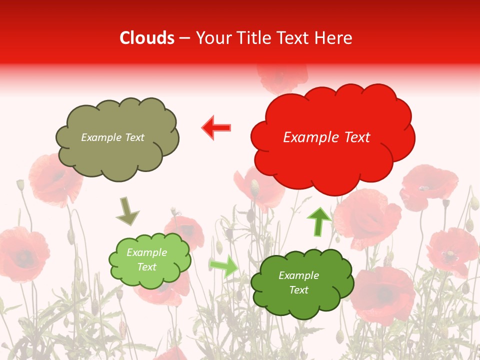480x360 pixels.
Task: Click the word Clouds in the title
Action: pyautogui.click(x=147, y=38)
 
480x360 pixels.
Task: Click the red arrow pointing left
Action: pyautogui.click(x=216, y=128)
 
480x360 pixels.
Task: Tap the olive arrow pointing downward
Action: pyautogui.click(x=127, y=210)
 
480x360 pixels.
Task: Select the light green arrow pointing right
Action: pyautogui.click(x=224, y=266)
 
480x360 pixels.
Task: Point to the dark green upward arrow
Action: pyautogui.click(x=318, y=221)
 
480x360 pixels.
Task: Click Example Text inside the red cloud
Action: pyautogui.click(x=326, y=137)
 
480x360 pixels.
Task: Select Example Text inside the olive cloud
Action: pyautogui.click(x=112, y=137)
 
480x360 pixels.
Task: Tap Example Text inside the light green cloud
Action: pyautogui.click(x=146, y=260)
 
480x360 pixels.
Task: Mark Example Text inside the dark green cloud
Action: pyautogui.click(x=298, y=282)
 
